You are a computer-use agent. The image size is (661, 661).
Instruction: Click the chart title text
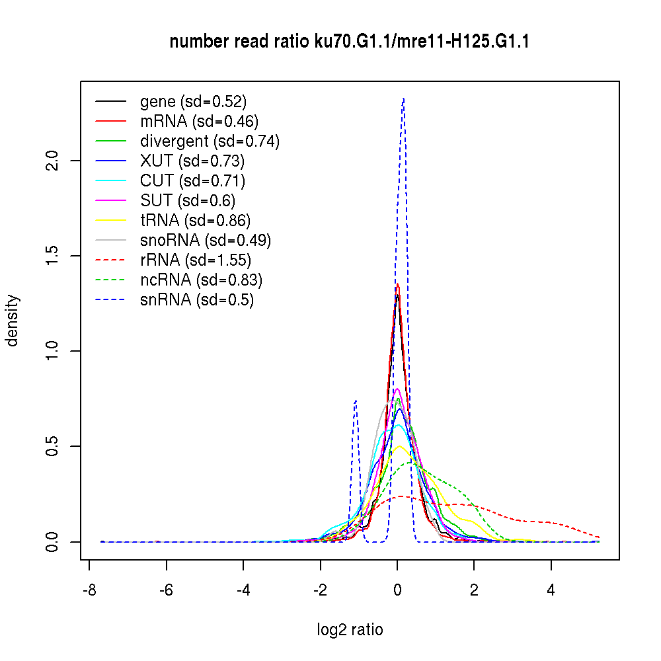(349, 42)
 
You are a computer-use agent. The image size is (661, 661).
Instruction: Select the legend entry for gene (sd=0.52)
(193, 102)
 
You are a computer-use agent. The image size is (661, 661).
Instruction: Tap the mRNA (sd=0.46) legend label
(199, 122)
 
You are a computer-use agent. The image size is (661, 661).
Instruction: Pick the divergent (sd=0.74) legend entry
(210, 141)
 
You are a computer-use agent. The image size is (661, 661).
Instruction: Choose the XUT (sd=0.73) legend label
(192, 161)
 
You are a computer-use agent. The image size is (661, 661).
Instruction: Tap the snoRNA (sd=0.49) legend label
(206, 241)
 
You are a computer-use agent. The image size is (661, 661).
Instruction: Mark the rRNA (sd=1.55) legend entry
(196, 260)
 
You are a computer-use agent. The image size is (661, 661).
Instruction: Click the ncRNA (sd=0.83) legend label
(201, 280)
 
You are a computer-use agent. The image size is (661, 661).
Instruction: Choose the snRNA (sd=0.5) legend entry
(197, 300)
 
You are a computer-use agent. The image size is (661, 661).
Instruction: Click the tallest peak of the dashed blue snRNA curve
(403, 99)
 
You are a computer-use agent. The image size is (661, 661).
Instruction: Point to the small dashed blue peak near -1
(356, 401)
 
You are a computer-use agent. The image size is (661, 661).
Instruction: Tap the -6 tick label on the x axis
(166, 592)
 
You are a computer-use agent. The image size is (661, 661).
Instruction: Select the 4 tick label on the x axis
(551, 592)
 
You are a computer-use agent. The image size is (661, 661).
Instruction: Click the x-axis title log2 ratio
(350, 630)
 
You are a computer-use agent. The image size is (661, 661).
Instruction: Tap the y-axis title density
(13, 321)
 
